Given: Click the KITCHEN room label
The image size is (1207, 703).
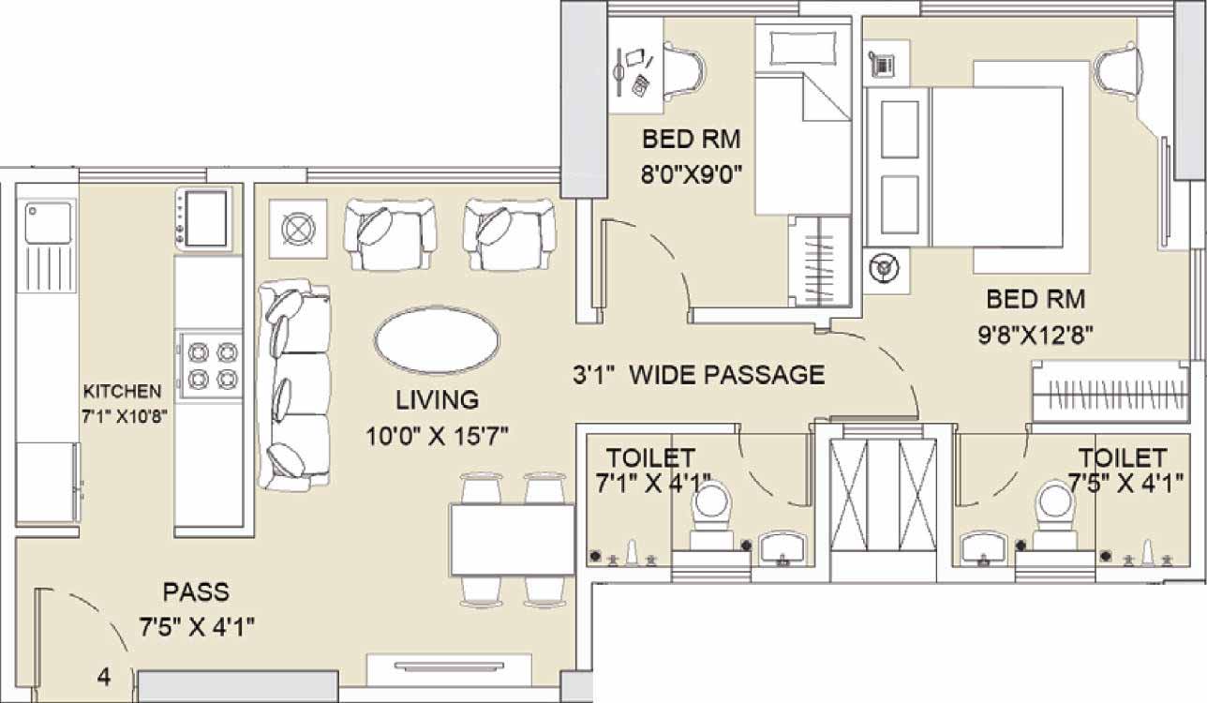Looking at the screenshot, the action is [x=123, y=391].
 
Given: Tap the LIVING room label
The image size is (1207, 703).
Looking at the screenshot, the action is [x=437, y=400].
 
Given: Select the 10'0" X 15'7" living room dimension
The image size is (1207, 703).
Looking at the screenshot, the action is [x=437, y=436].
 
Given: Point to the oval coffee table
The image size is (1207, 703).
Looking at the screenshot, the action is [x=437, y=340].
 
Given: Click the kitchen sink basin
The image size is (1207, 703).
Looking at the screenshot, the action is [x=48, y=223].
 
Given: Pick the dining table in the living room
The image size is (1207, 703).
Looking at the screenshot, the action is [x=513, y=540].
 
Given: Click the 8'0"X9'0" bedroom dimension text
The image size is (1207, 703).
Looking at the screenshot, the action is [x=692, y=174].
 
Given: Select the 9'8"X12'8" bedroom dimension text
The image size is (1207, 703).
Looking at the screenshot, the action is [x=1036, y=336].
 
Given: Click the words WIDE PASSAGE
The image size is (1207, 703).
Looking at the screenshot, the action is [x=727, y=375].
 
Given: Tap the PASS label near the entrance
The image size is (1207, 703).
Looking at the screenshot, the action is [x=196, y=592].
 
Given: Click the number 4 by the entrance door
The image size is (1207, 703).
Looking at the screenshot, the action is [x=104, y=677].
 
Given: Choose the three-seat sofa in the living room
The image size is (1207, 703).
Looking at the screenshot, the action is [x=294, y=385].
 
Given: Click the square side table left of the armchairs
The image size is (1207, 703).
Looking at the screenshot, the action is [x=298, y=229].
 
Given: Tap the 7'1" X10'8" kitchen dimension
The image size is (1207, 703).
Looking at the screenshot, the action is [x=125, y=417].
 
